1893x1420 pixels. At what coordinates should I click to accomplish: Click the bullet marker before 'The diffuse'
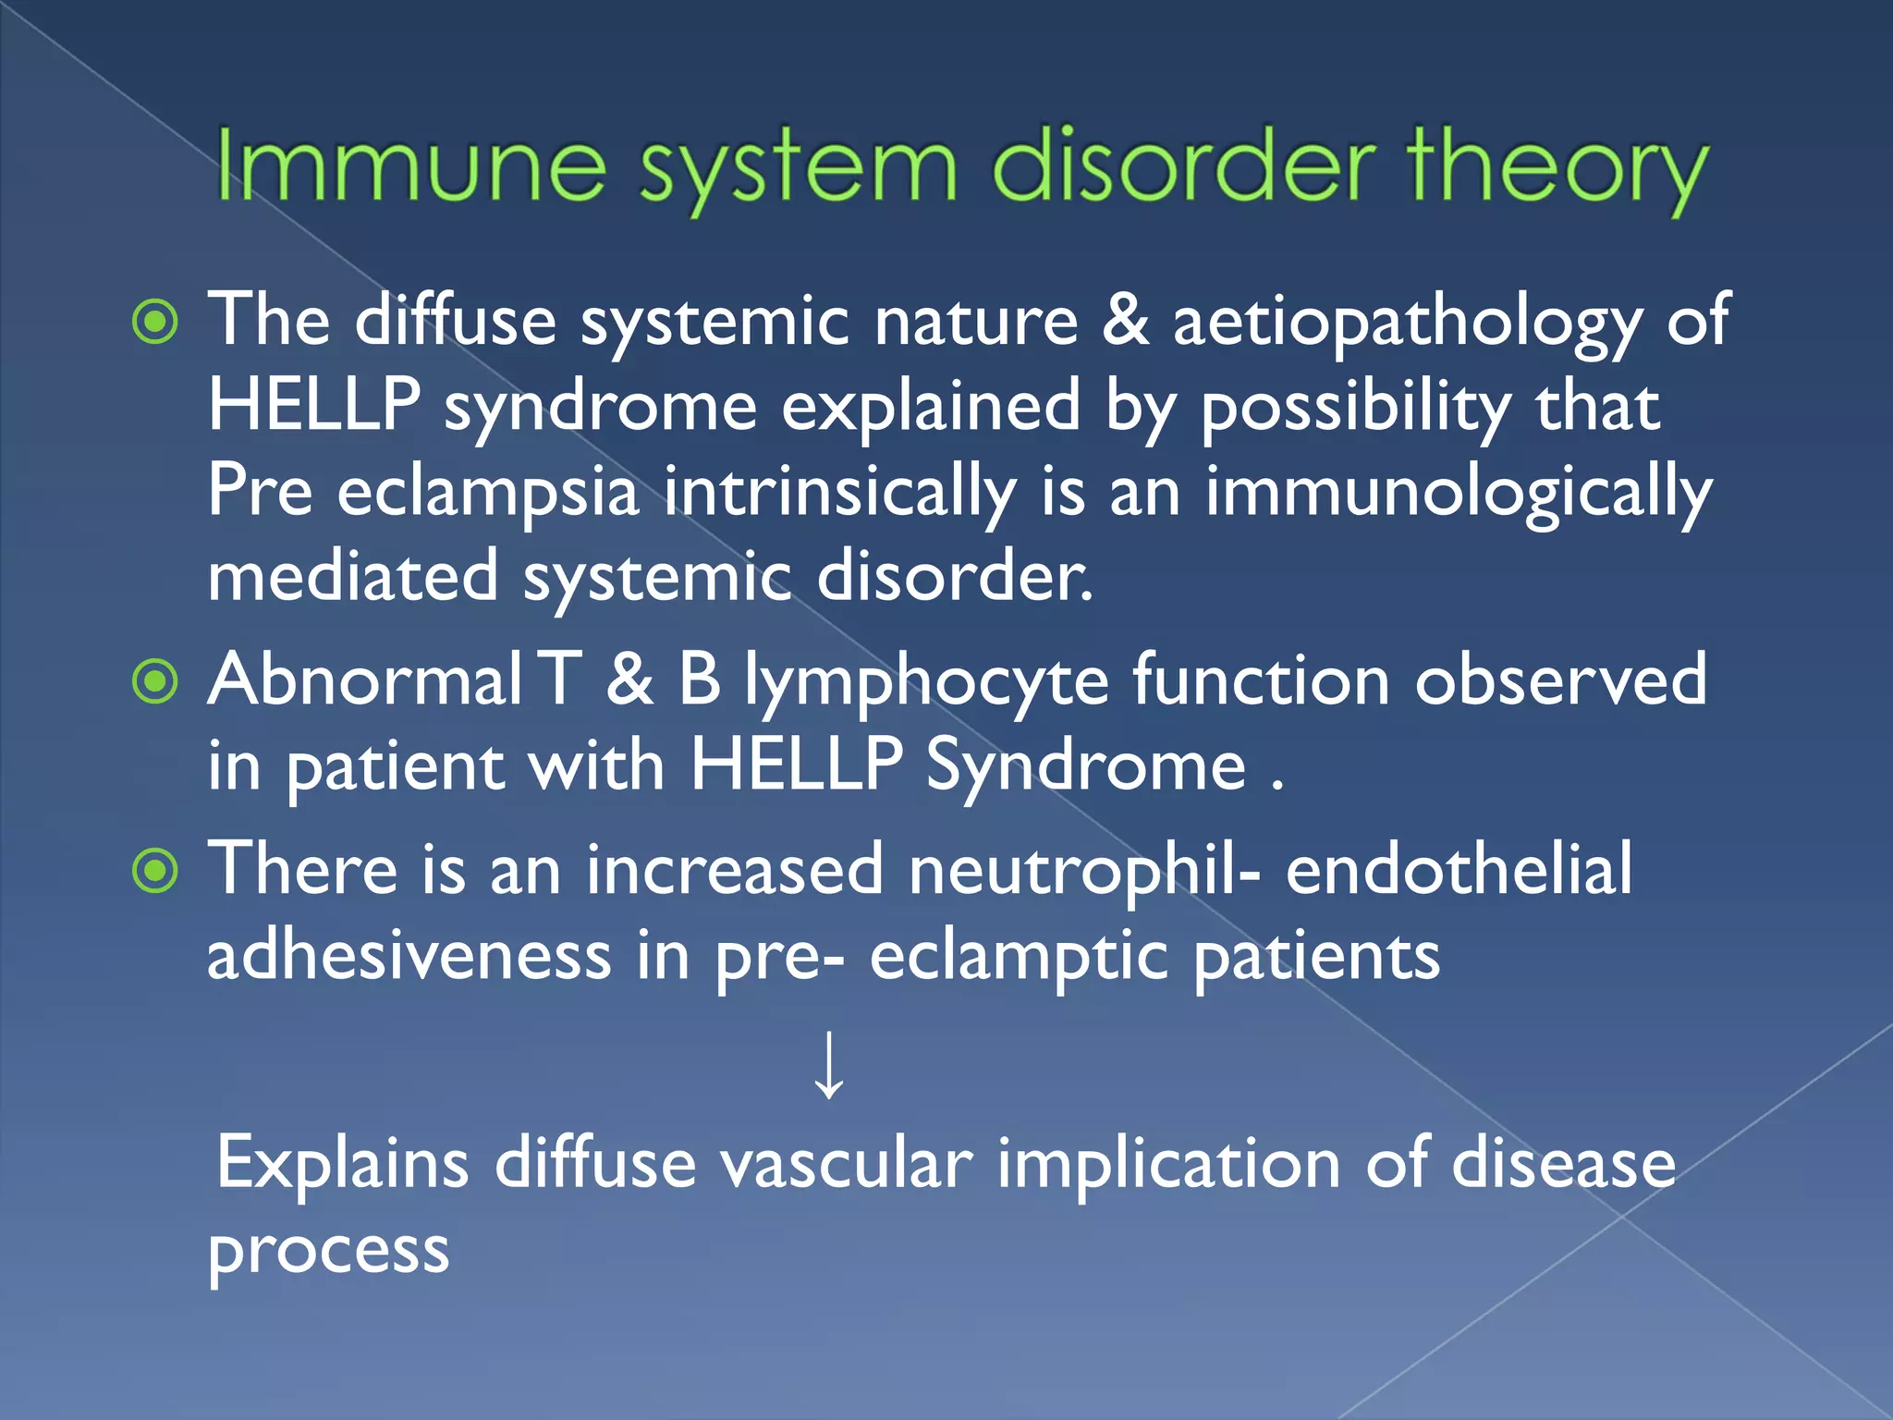coord(155,323)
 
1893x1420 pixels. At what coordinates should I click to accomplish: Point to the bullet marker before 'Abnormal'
coord(155,682)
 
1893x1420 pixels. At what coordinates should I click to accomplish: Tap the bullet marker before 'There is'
coord(155,871)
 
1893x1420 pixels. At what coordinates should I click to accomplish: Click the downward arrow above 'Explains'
coord(829,1065)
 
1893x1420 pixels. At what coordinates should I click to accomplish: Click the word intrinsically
coord(839,492)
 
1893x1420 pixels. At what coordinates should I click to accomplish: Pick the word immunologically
coord(1459,492)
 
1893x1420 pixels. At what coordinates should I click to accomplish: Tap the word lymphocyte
coord(927,681)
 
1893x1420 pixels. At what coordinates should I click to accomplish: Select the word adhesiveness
coord(409,956)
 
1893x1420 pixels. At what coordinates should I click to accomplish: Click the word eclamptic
coord(1018,956)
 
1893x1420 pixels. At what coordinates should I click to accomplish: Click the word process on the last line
coord(328,1251)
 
